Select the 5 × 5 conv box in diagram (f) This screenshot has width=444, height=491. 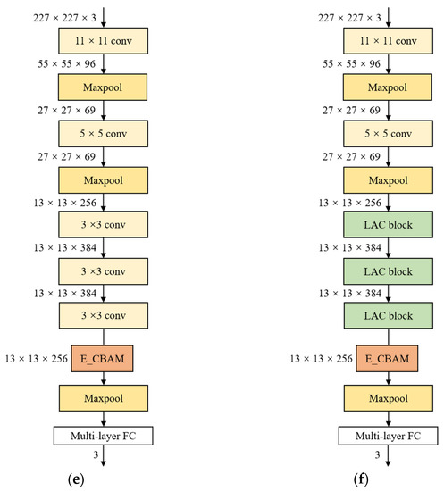click(x=376, y=133)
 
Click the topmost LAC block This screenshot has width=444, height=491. click(x=376, y=223)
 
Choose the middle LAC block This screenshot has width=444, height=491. click(x=376, y=269)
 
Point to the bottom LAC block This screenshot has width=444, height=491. click(x=376, y=313)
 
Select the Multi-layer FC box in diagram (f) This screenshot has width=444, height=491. click(x=376, y=436)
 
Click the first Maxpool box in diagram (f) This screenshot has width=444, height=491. click(x=376, y=87)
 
